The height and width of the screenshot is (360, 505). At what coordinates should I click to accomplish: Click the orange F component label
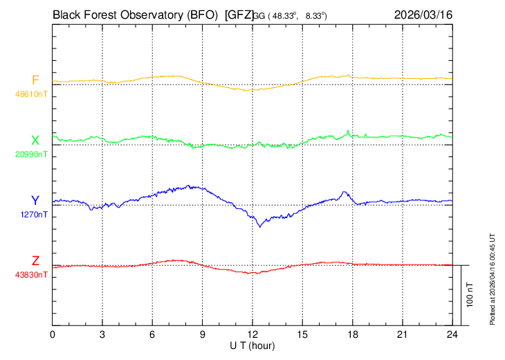point(35,80)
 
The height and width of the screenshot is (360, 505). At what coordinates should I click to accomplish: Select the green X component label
point(35,141)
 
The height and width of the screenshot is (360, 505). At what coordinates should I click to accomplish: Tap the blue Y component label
point(35,201)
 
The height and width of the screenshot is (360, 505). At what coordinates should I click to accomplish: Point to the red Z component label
point(35,261)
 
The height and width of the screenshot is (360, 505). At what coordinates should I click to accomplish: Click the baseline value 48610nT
point(31,94)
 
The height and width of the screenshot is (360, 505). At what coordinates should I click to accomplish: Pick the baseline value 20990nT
point(31,154)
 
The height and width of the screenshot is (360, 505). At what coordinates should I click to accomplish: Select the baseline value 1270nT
point(34,215)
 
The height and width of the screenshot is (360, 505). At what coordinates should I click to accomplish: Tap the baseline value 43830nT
point(31,275)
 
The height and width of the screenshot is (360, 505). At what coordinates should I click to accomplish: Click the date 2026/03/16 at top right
point(423,15)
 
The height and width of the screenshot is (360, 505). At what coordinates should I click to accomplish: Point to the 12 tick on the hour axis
point(252,335)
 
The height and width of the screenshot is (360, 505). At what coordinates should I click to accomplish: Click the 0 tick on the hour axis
point(52,335)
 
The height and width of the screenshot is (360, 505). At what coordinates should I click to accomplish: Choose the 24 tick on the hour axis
point(452,335)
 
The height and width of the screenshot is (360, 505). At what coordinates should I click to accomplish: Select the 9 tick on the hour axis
point(202,335)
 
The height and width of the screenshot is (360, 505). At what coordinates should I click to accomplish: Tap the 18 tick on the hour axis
point(353,335)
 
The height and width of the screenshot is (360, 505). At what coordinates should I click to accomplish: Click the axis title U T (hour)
point(252,346)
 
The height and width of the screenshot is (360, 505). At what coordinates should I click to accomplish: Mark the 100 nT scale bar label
point(470,295)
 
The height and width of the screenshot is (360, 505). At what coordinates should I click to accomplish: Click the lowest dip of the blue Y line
point(260,227)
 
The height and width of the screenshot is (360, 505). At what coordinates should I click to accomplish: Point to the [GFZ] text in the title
point(239,15)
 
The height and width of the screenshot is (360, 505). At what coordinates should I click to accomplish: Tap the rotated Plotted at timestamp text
point(492,279)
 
